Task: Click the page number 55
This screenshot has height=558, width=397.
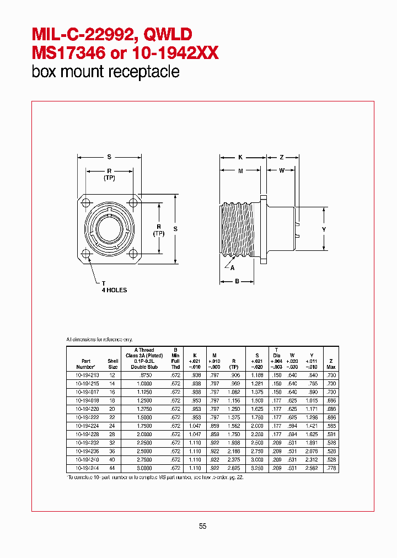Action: tap(202, 526)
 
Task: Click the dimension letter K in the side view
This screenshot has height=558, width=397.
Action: tap(240, 158)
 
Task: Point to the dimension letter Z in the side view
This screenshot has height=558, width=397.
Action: tap(281, 158)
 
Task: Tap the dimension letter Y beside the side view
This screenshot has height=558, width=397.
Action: tap(324, 229)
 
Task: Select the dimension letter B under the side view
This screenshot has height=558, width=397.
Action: tap(237, 281)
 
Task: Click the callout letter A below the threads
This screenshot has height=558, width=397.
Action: tap(232, 268)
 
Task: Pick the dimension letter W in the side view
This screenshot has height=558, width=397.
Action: tap(282, 170)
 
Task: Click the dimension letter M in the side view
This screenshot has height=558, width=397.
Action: tap(240, 170)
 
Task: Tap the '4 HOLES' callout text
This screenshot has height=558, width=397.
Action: tap(114, 290)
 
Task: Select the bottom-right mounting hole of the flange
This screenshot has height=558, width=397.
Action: tap(133, 254)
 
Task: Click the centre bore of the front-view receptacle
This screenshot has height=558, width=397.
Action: tap(110, 227)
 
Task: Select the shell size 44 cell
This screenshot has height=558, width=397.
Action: tap(113, 468)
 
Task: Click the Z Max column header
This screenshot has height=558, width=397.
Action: tap(331, 363)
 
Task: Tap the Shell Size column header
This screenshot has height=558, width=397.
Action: tap(113, 363)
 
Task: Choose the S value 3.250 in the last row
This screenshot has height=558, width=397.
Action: tap(256, 468)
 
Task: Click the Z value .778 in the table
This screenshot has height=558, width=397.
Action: tap(331, 468)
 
